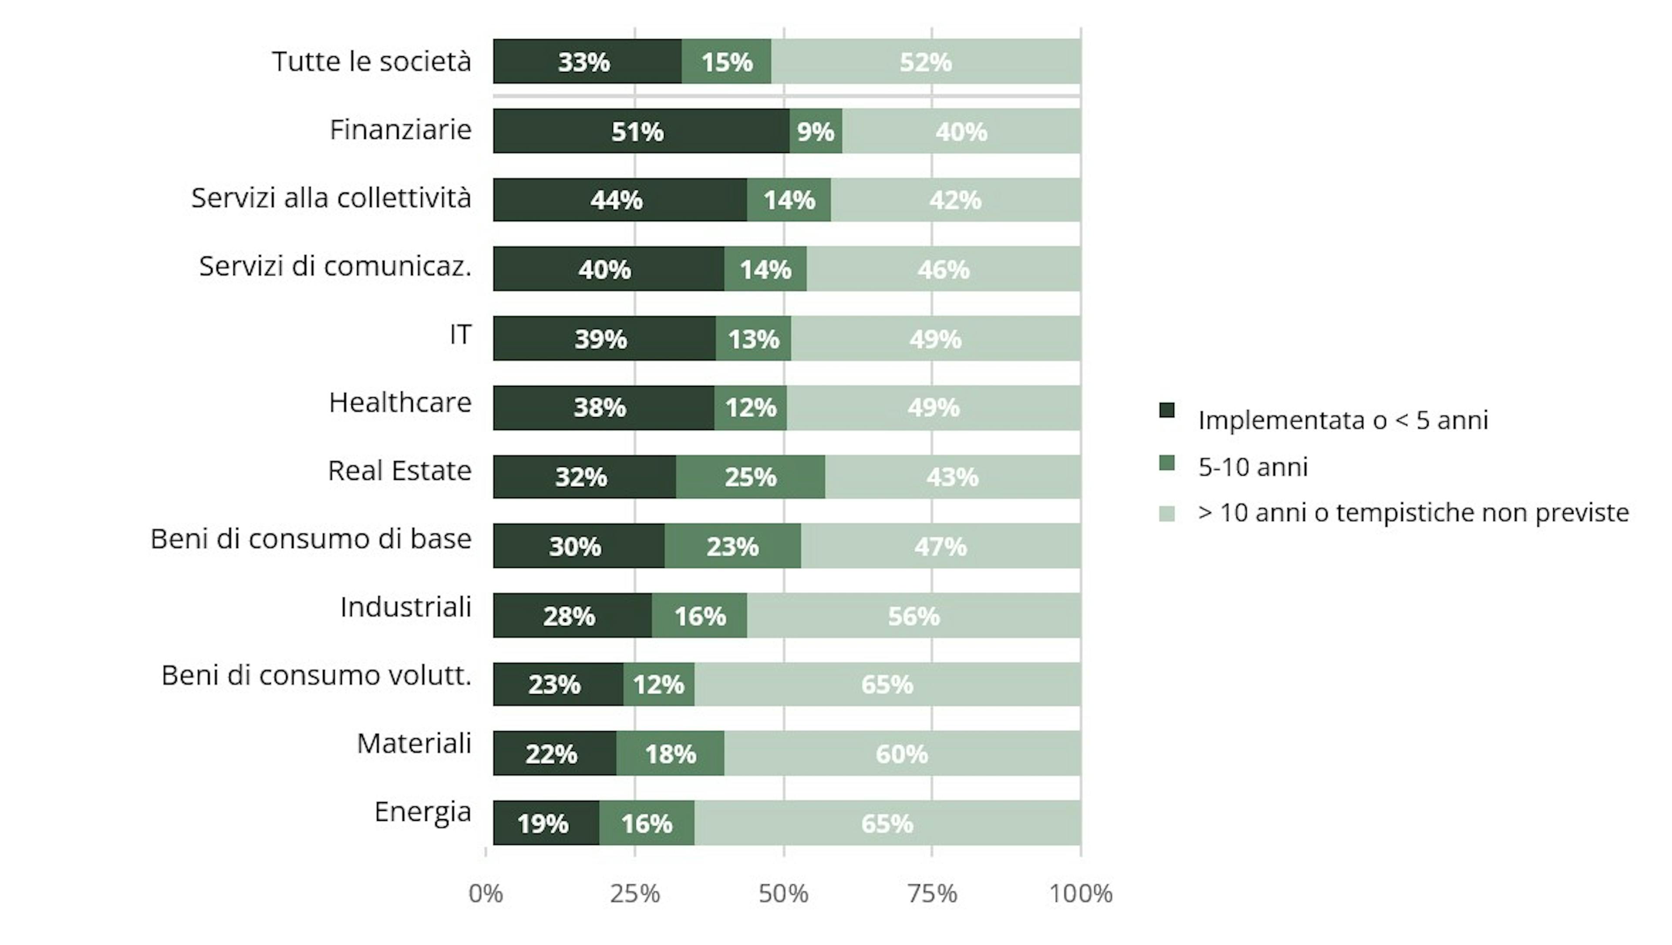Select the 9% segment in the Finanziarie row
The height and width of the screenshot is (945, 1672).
point(815,131)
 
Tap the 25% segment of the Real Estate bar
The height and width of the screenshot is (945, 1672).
point(750,477)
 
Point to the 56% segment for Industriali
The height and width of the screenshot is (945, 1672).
point(913,616)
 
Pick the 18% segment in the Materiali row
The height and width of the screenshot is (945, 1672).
point(670,753)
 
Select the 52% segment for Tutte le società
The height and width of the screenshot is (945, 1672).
point(926,62)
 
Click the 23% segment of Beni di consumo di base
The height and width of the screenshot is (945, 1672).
point(732,547)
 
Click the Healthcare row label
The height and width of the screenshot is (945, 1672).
point(400,402)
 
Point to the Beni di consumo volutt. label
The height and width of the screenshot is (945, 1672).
point(316,675)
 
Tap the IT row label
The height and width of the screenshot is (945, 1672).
point(460,334)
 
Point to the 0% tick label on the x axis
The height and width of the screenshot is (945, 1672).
point(485,894)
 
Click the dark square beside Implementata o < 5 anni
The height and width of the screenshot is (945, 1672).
point(1166,411)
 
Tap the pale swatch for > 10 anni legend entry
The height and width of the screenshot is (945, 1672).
point(1166,514)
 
